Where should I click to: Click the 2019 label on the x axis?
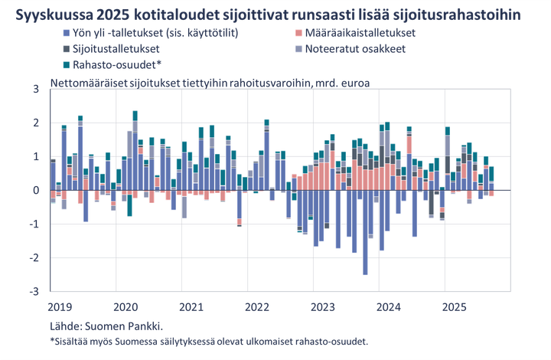(58, 306)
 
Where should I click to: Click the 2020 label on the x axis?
(125, 306)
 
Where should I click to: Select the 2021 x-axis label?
(191, 306)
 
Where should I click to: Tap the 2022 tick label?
(257, 306)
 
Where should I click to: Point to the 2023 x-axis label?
(323, 306)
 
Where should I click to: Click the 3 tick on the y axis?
(35, 89)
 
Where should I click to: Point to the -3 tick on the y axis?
(34, 292)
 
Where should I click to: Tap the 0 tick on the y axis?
(35, 190)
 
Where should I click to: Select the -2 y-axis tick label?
(34, 258)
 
